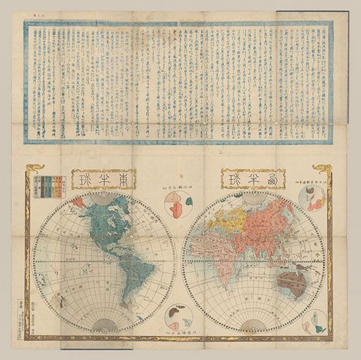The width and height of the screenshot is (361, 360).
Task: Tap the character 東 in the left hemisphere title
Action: pos(118,180)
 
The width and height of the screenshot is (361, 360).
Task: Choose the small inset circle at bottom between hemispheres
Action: pos(178,315)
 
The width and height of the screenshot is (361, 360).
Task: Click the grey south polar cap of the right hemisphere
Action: pos(255,324)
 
